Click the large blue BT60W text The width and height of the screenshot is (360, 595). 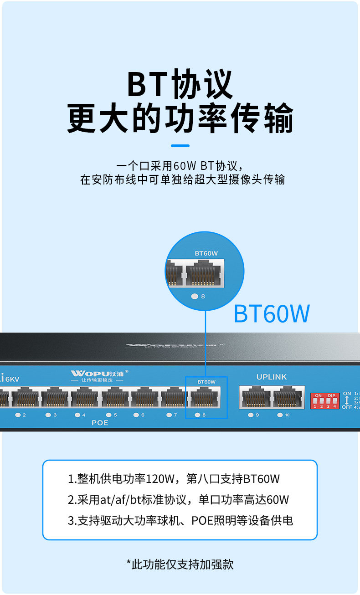tap(272, 314)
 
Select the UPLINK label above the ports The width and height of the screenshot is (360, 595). tap(272, 377)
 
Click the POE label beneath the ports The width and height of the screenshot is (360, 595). tap(100, 423)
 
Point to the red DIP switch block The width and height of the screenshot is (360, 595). tap(325, 400)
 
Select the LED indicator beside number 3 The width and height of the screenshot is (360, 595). tap(48, 415)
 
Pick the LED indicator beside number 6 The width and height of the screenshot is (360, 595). tap(136, 415)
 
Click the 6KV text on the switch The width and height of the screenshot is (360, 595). tap(12, 379)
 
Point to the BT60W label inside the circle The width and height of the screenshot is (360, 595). tap(206, 253)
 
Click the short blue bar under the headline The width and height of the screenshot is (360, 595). tap(180, 146)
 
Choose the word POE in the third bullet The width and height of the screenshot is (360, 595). tap(201, 520)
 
